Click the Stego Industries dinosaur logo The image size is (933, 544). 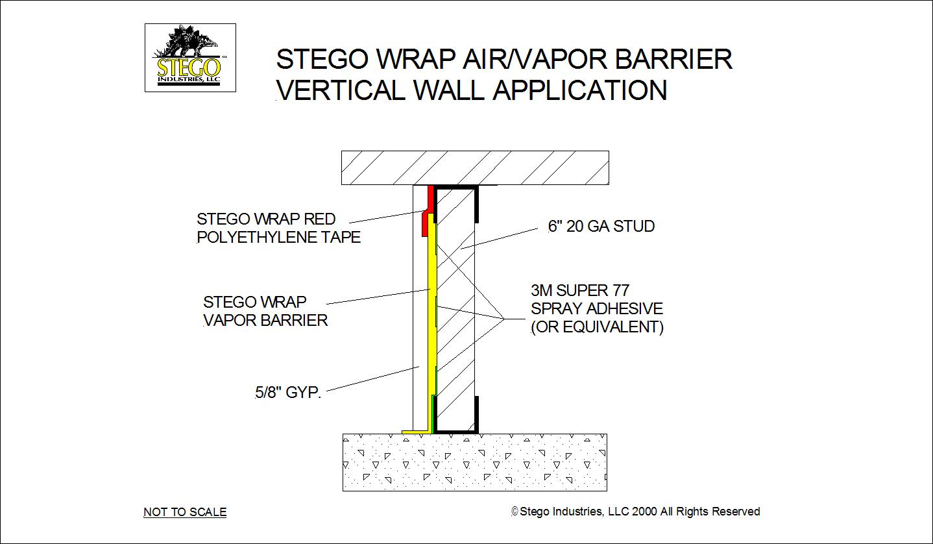coord(190,58)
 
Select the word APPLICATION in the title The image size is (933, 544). coord(580,90)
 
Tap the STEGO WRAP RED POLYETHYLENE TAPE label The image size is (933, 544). coord(278,228)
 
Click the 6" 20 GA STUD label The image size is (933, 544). coord(601,226)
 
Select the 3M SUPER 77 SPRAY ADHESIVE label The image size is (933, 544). coord(597,308)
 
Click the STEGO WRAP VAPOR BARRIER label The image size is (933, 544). coord(265,311)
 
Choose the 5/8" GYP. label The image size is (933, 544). coord(288,392)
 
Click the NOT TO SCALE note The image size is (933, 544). coord(185,512)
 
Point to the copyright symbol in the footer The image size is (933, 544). coord(515,512)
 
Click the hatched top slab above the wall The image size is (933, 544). coord(475,167)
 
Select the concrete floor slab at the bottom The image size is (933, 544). coord(475,462)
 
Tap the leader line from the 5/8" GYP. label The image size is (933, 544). coord(373,378)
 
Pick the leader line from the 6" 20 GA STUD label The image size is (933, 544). coord(500,238)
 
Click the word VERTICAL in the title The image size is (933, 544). coord(341,90)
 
